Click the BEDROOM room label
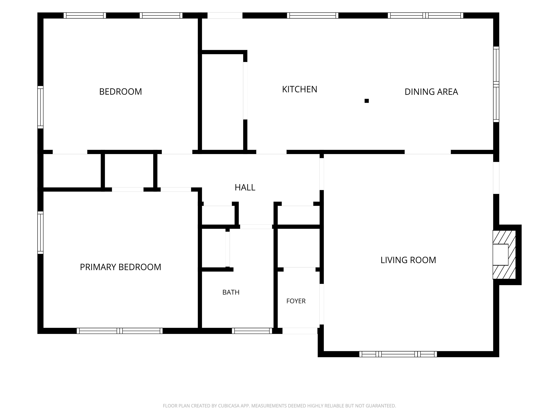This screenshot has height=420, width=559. (120, 92)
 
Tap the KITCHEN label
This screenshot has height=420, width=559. (300, 89)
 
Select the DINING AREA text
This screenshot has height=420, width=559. (431, 92)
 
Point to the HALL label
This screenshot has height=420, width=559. (245, 188)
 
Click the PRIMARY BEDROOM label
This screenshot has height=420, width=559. (120, 267)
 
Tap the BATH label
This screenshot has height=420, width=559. (231, 292)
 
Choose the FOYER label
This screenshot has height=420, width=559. (296, 301)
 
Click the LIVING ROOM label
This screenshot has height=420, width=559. (408, 260)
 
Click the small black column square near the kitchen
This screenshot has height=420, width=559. (367, 101)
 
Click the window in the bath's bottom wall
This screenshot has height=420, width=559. (252, 331)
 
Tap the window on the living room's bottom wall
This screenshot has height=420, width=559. (398, 354)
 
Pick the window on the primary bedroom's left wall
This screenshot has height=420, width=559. (40, 233)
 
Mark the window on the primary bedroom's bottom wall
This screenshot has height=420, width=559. (120, 331)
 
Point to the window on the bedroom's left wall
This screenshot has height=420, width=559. (40, 107)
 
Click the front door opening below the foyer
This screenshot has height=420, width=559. (300, 331)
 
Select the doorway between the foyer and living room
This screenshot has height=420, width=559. (322, 304)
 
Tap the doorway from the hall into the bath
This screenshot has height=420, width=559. (256, 227)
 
